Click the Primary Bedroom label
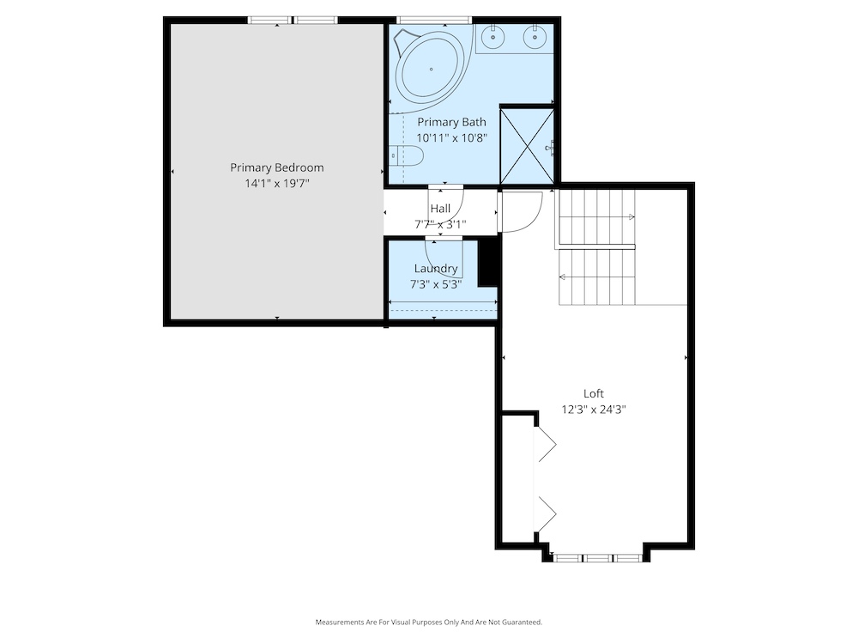coord(277,167)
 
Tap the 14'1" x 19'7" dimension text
coord(277,184)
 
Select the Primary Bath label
coord(451,122)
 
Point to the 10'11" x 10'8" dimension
coord(451,138)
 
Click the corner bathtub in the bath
coord(432,69)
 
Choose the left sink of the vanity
coord(494,37)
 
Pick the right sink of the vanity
coord(535,37)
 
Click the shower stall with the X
coord(527,146)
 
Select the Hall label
coord(440,209)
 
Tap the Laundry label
coord(436,268)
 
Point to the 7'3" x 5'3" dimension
coord(436,285)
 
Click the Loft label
coord(594,394)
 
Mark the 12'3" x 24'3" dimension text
coord(594,410)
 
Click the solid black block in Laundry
coord(488,263)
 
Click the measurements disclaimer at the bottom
coord(429,622)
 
